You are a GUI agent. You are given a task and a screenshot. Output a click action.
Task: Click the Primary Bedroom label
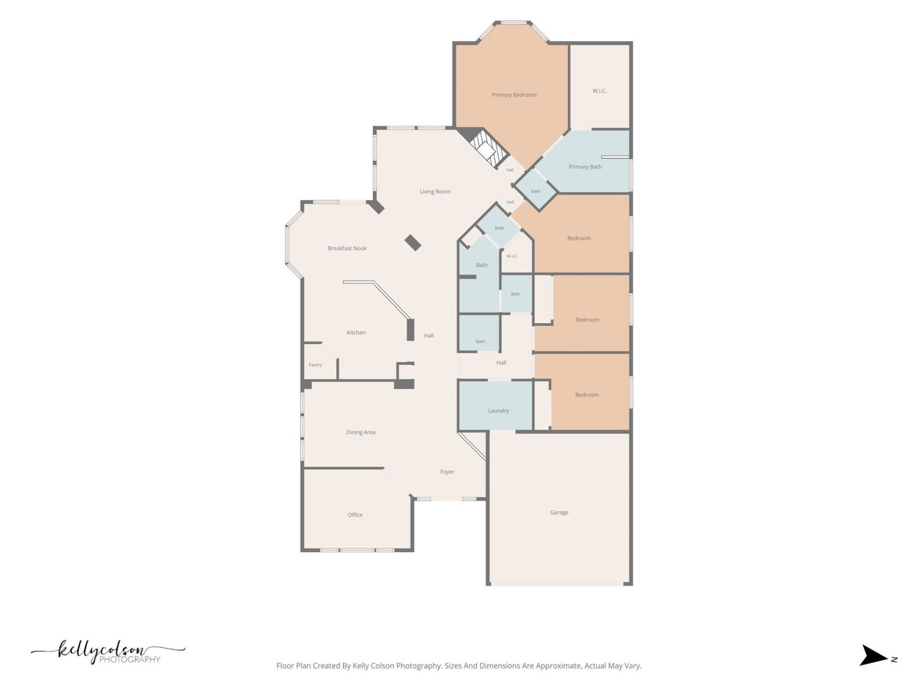point(514,95)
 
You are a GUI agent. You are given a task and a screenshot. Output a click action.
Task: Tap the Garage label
point(559,512)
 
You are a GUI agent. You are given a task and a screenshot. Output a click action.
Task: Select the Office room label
point(355,515)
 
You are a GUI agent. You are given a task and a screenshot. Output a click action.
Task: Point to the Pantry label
point(315,365)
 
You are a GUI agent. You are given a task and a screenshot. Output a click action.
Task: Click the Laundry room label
point(498,411)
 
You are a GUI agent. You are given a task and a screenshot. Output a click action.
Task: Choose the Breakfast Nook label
point(347,248)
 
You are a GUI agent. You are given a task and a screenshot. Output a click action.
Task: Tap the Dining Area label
point(361,433)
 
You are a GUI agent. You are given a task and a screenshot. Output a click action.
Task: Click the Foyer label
point(447,472)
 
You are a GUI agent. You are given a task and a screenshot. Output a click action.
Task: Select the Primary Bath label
point(585,167)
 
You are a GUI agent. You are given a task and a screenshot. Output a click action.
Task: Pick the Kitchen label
point(356,333)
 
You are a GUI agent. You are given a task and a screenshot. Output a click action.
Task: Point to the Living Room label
point(435,192)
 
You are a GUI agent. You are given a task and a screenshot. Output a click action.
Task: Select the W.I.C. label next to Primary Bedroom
point(600,91)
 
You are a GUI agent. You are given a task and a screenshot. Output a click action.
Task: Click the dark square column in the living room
point(413,243)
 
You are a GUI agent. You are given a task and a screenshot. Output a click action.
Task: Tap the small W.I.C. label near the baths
point(512,256)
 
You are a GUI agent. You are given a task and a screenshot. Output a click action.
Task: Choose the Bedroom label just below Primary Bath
point(579,238)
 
